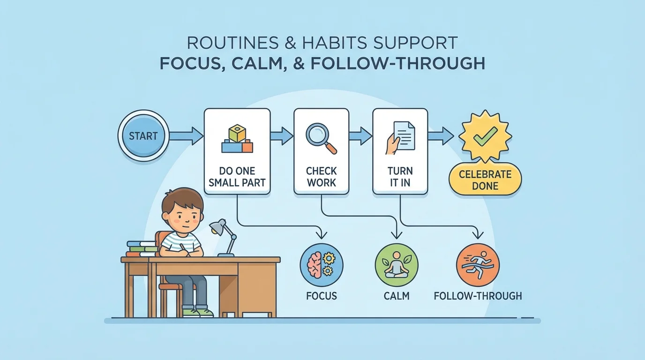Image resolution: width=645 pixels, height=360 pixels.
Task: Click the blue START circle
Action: pyautogui.click(x=143, y=136)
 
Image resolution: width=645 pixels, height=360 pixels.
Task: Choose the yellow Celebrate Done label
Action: pyautogui.click(x=485, y=180)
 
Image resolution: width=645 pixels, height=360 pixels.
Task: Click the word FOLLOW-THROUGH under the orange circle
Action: pyautogui.click(x=478, y=296)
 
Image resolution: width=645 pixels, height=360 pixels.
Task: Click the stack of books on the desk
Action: pyautogui.click(x=142, y=248)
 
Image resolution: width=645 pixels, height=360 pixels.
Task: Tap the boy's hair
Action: pyautogui.click(x=183, y=199)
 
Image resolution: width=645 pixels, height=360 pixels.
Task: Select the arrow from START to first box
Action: pyautogui.click(x=186, y=136)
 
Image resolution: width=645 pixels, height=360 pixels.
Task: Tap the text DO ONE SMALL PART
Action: pyautogui.click(x=237, y=176)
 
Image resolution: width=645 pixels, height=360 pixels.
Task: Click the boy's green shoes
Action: pyautogui.click(x=197, y=312)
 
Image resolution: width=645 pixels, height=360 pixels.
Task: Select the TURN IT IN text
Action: pyautogui.click(x=400, y=176)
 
